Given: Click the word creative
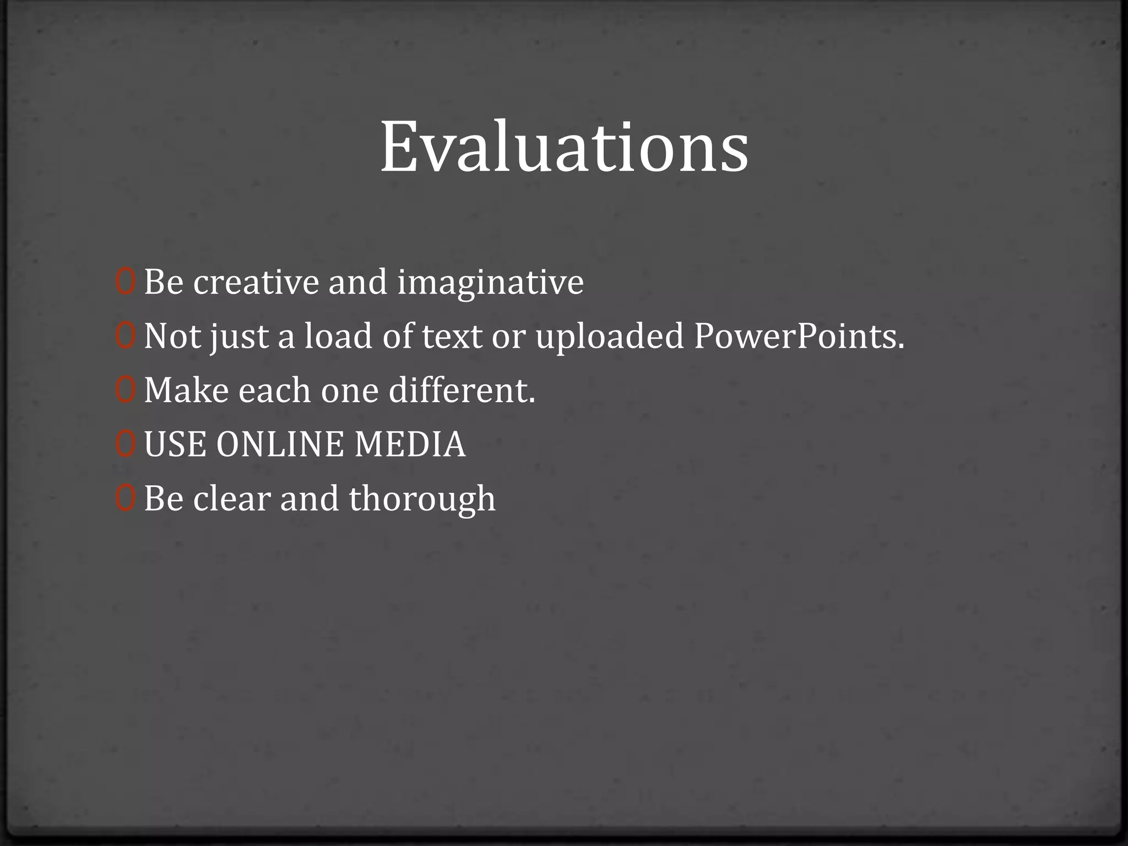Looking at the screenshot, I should point(256,282).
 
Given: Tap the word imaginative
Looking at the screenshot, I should point(490,282).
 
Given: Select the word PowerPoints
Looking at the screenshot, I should point(799,336).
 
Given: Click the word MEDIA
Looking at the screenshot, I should point(409,444).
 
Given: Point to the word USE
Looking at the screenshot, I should point(176,444).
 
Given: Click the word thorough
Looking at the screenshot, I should point(422,499).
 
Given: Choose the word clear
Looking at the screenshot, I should point(231,499).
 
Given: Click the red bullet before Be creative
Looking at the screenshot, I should point(125,282).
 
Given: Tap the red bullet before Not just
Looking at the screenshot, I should point(125,336).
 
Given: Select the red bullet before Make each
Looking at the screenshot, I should point(125,390).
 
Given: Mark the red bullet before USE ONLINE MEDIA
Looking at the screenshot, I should point(125,444).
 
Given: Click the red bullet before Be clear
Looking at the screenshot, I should point(125,498).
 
